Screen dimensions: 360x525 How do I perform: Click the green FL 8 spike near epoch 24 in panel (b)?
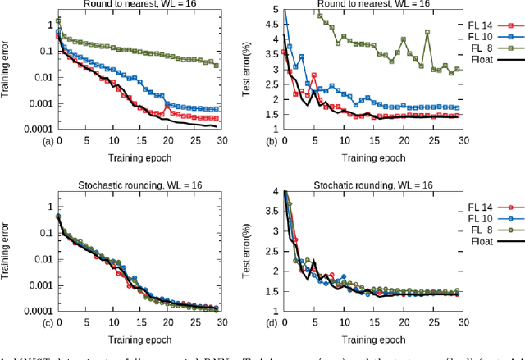click(427, 33)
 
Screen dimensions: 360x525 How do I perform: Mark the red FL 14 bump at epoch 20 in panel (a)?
click(167, 107)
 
